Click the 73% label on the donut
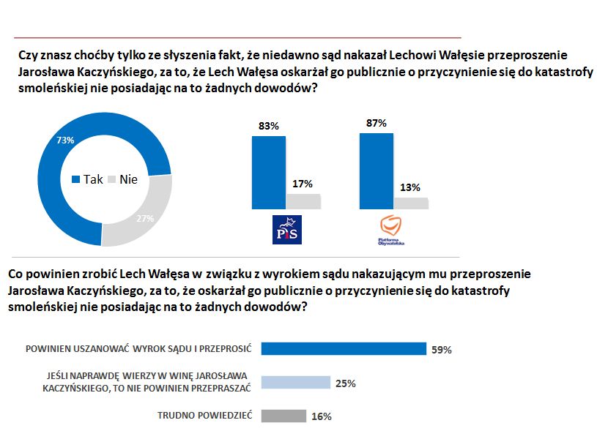pyautogui.click(x=64, y=140)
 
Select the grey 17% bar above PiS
pyautogui.click(x=303, y=202)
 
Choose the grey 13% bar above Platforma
pyautogui.click(x=411, y=203)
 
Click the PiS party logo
pyautogui.click(x=286, y=230)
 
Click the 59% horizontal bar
pyautogui.click(x=344, y=348)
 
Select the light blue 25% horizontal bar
pyautogui.click(x=296, y=383)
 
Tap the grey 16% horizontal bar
pyautogui.click(x=283, y=416)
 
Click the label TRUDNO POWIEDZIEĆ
pyautogui.click(x=204, y=416)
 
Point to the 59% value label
pyautogui.click(x=441, y=350)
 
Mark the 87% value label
pyautogui.click(x=376, y=123)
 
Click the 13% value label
pyautogui.click(x=410, y=187)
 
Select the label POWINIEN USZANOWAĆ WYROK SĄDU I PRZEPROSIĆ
pyautogui.click(x=138, y=348)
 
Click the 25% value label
pyautogui.click(x=346, y=383)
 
